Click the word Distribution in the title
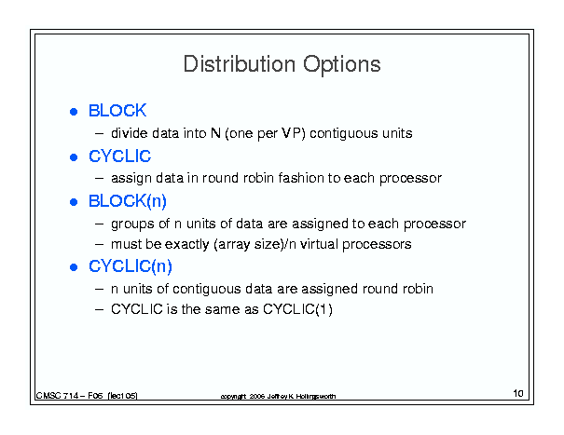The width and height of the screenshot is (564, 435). [240, 64]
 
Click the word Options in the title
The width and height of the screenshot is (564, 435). [342, 65]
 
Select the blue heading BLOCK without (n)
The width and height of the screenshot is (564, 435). [117, 110]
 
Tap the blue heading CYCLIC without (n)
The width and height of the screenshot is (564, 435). [119, 156]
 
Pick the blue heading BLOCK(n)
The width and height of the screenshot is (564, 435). [128, 201]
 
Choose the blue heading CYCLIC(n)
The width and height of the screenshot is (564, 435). [131, 266]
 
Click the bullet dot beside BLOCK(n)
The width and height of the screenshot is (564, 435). [74, 202]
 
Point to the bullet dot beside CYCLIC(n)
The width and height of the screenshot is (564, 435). [74, 267]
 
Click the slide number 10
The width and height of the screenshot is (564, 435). [518, 393]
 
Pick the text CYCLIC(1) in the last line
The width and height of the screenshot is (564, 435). [297, 309]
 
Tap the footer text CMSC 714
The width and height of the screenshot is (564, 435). [57, 396]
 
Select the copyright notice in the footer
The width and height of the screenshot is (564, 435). [278, 396]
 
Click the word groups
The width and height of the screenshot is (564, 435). [132, 224]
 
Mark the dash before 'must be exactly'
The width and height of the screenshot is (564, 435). [99, 245]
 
